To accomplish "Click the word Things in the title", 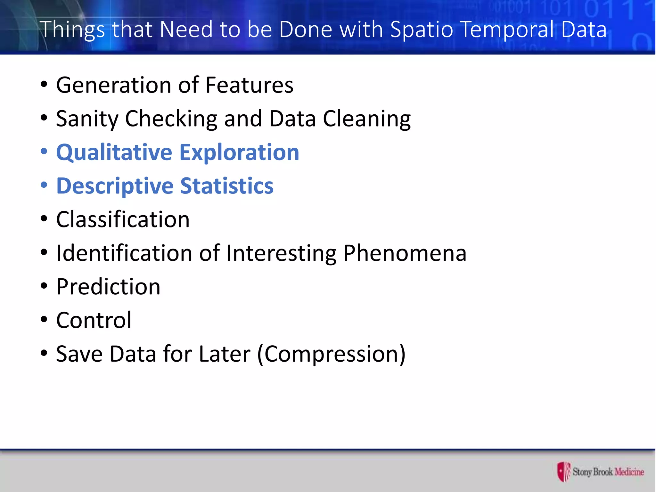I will click(72, 29).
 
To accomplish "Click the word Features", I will click(249, 85).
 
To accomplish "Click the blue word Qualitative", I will click(114, 152).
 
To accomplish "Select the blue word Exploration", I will click(239, 152).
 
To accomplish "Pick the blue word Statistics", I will click(227, 186).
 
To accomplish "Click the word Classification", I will click(123, 220).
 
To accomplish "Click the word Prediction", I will click(108, 287).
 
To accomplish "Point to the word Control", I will click(94, 320).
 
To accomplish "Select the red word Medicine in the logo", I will click(629, 472).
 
